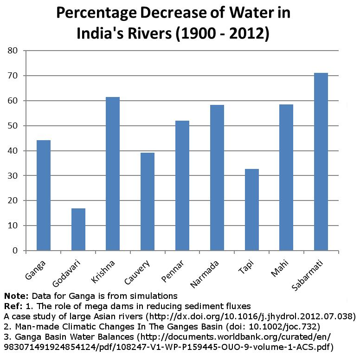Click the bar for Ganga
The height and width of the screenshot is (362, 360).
coord(44,195)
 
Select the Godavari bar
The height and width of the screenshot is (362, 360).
coord(78,230)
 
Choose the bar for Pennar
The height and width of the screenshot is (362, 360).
coord(182,186)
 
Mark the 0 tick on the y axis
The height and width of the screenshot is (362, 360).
coord(15,251)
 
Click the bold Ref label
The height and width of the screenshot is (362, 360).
coord(12,306)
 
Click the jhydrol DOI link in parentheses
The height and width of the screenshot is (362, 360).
coord(251,317)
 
